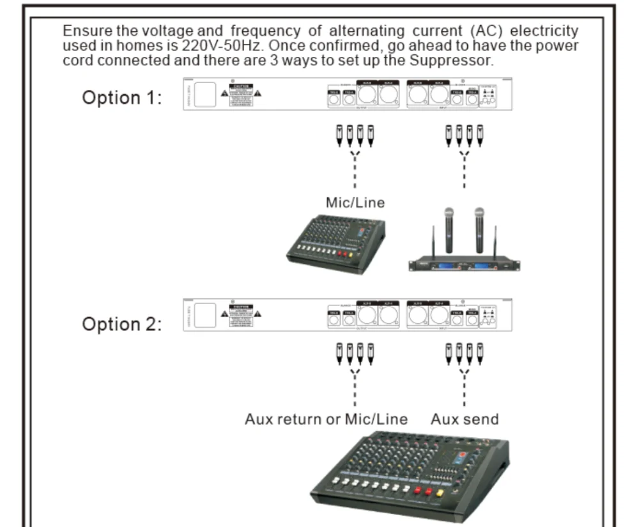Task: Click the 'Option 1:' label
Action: click(121, 98)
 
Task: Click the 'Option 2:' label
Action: click(121, 324)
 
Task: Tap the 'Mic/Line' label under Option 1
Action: click(355, 202)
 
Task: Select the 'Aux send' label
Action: click(465, 419)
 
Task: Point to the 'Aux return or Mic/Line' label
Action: click(326, 419)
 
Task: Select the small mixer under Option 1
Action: click(335, 243)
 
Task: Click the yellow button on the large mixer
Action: click(440, 493)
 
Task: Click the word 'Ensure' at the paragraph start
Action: click(84, 31)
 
